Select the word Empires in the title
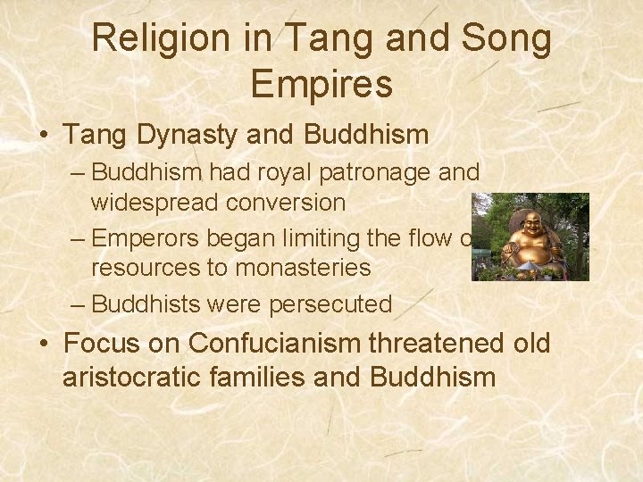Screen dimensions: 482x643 pos(321,84)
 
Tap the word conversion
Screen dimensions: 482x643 pos(286,203)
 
